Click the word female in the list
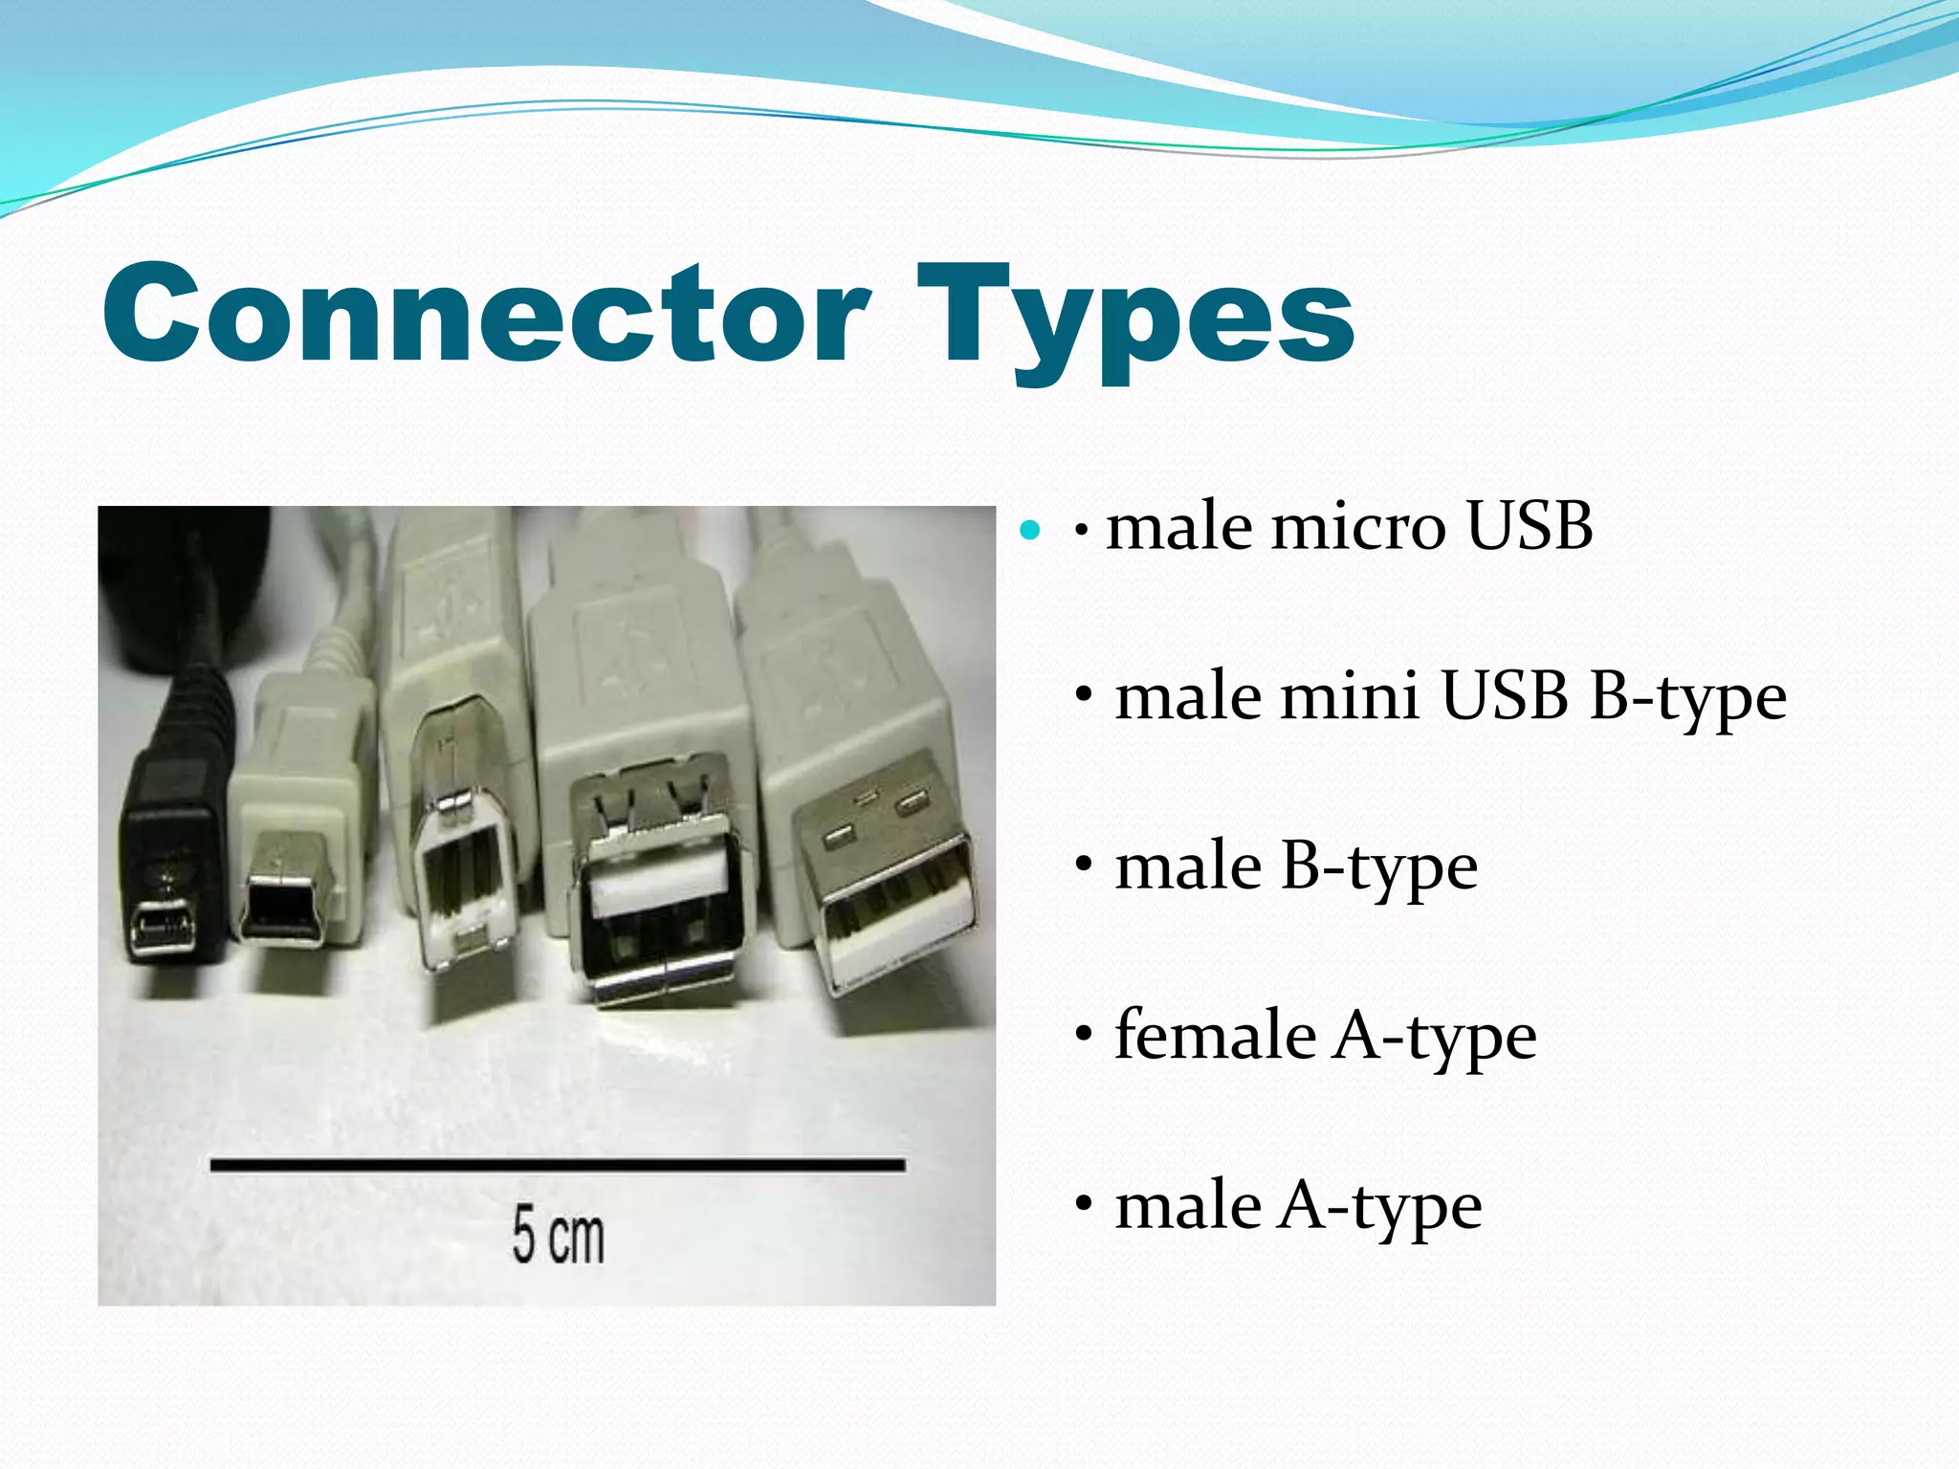(1215, 1035)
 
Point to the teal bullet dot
(1030, 529)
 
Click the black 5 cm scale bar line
(558, 1165)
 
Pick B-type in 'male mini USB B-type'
(1687, 695)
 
